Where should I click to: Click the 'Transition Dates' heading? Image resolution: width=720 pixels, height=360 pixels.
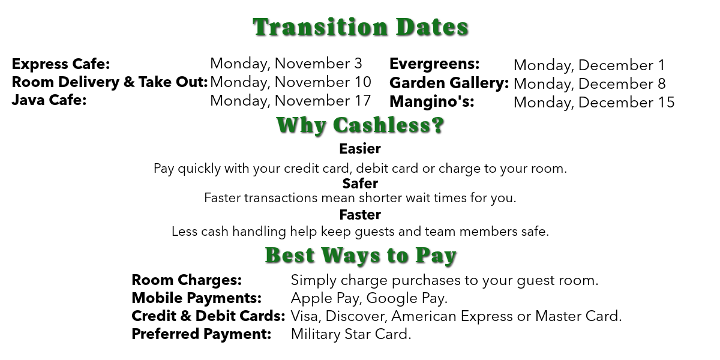(x=361, y=27)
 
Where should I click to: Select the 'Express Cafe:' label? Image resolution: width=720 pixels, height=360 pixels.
(x=61, y=64)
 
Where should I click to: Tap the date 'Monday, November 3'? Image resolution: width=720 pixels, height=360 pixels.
(x=286, y=64)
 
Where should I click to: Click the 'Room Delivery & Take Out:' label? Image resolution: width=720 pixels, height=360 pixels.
(x=110, y=82)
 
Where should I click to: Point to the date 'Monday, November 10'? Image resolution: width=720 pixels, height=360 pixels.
(x=290, y=82)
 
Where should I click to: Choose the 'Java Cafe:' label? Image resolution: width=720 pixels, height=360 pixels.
(x=49, y=100)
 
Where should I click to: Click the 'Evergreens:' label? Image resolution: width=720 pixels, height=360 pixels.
(x=434, y=64)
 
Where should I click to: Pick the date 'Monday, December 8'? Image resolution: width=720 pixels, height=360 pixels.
(x=589, y=84)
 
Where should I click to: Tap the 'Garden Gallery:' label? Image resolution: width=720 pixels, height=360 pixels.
(x=449, y=83)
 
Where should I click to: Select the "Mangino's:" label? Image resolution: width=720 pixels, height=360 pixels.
(x=432, y=101)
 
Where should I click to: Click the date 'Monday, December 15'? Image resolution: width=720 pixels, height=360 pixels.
(x=594, y=103)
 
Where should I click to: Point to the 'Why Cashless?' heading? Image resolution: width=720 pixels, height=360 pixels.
(x=361, y=125)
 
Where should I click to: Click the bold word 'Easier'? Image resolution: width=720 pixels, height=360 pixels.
(x=360, y=149)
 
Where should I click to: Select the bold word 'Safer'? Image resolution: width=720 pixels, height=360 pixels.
(x=360, y=184)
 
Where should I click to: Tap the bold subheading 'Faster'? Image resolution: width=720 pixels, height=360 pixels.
(x=360, y=215)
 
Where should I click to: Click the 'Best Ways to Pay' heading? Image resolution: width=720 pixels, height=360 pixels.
(x=361, y=256)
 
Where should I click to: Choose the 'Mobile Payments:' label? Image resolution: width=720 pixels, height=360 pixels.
(x=197, y=298)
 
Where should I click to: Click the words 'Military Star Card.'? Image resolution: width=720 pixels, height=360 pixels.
(x=351, y=334)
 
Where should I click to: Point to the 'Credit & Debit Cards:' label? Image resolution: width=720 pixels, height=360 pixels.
(x=208, y=316)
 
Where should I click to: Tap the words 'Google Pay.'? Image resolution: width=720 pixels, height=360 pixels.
(x=407, y=298)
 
